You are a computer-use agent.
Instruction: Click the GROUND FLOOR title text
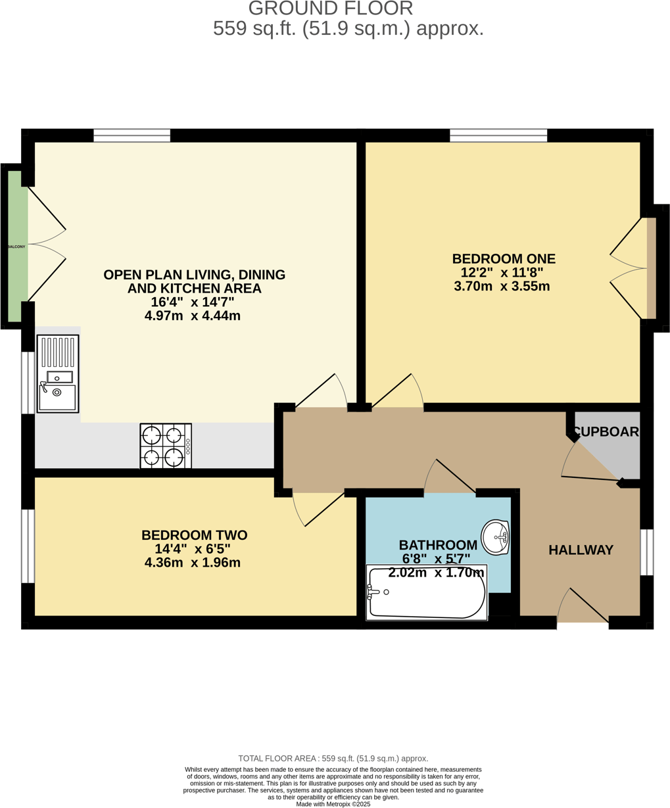coord(331,9)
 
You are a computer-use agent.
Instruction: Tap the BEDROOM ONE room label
coord(503,258)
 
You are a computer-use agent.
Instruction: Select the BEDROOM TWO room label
coord(194,535)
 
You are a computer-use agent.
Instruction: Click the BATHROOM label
coord(438,544)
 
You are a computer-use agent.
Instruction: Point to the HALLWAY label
coord(581,550)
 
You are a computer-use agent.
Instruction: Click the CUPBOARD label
coord(606,432)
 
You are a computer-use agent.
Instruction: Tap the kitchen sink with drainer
coord(58,373)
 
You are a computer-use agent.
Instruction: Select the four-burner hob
coord(166,446)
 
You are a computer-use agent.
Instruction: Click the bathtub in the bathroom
coord(427,592)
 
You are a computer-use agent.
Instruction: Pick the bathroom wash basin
coord(496,537)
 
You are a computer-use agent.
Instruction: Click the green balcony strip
coord(17,246)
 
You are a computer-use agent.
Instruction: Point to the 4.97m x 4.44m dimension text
coord(192,316)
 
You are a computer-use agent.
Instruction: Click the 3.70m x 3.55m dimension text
coord(502,286)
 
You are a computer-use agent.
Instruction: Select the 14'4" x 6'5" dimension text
coord(192,549)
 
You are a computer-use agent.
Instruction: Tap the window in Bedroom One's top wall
coord(498,135)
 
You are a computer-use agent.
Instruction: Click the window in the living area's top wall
coord(132,135)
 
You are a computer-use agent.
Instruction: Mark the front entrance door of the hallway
coord(583,620)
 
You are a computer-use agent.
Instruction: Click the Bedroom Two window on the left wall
coord(28,546)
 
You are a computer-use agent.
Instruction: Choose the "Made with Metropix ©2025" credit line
coord(333,804)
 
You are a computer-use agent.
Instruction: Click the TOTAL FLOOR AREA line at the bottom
coord(333,758)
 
